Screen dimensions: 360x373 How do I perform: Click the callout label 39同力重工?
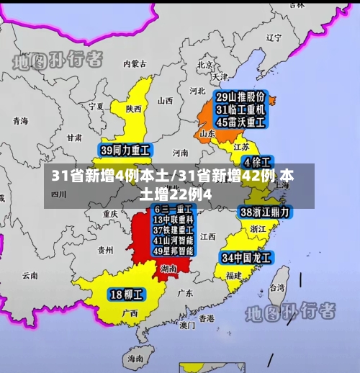pyautogui.click(x=125, y=151)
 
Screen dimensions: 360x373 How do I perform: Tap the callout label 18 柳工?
pyautogui.click(x=127, y=294)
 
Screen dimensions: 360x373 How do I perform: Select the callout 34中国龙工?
pyautogui.click(x=246, y=257)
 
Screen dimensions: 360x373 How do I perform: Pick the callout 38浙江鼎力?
pyautogui.click(x=265, y=212)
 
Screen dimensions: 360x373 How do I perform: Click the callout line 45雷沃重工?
pyautogui.click(x=242, y=122)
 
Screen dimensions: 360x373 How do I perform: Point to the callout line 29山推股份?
pyautogui.click(x=242, y=97)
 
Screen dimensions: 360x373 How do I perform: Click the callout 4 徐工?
pyautogui.click(x=256, y=162)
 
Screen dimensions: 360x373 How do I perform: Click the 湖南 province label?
pyautogui.click(x=168, y=268)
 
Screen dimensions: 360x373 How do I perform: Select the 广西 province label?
pyautogui.click(x=130, y=313)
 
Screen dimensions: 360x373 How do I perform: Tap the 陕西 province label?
pyautogui.click(x=134, y=109)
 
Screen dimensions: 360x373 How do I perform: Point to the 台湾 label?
pyautogui.click(x=276, y=287)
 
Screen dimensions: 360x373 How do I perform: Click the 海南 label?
pyautogui.click(x=135, y=358)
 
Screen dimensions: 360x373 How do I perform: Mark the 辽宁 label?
pyautogui.click(x=274, y=37)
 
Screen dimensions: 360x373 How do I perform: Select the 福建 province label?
pyautogui.click(x=233, y=275)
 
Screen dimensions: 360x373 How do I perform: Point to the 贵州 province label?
pyautogui.click(x=105, y=250)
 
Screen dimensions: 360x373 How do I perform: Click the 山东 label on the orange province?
pyautogui.click(x=207, y=133)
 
